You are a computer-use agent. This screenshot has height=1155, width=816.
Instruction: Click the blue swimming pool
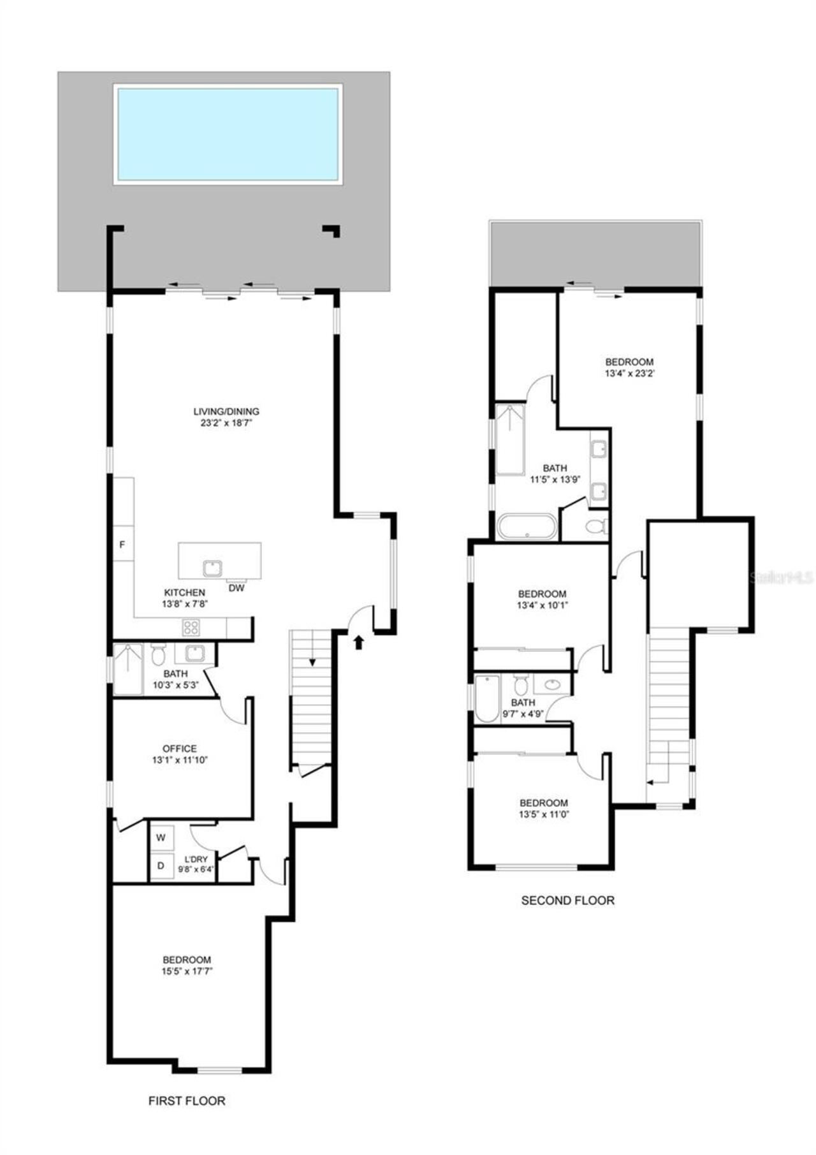click(x=228, y=135)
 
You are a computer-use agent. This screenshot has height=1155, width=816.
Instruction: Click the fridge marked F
click(x=122, y=545)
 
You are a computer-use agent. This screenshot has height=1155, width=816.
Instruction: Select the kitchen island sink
click(x=212, y=567)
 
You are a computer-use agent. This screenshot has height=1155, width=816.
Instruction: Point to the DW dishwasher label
click(x=236, y=588)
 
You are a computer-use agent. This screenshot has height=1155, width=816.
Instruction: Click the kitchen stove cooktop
click(x=191, y=628)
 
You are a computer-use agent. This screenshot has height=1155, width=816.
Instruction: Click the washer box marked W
click(x=161, y=837)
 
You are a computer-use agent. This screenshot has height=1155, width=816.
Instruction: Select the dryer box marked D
click(x=161, y=866)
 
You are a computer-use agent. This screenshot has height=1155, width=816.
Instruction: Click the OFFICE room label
click(x=180, y=748)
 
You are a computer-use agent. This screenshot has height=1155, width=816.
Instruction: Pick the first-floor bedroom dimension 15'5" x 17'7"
click(x=187, y=971)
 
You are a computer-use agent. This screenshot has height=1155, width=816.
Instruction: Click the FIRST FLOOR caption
click(x=187, y=1101)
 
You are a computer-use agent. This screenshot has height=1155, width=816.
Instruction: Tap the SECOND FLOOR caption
click(x=567, y=901)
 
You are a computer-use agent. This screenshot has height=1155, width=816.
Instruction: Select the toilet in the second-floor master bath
click(x=595, y=527)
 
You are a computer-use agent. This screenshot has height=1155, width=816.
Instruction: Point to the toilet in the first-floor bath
click(x=158, y=654)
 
